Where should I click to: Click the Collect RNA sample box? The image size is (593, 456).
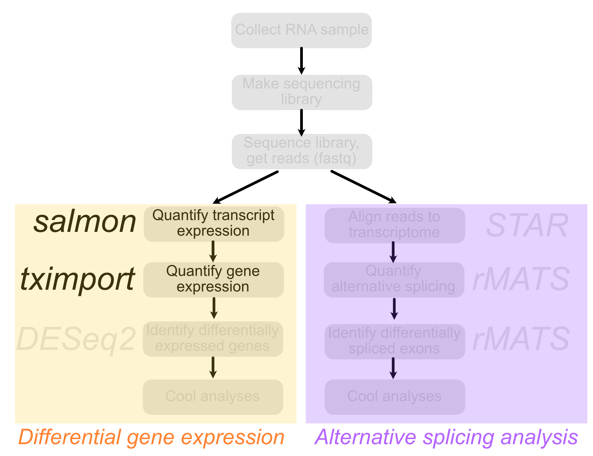301,31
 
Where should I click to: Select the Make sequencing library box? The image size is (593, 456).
301,92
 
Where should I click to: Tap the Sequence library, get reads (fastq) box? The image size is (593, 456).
301,151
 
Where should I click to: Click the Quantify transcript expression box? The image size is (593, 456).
213,224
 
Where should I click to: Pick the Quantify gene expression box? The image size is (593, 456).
213,280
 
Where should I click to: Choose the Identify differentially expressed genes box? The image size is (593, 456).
213,339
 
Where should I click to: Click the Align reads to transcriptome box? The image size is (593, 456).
395,225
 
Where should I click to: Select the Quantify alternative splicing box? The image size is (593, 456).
394,280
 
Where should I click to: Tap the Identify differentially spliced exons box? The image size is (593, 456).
395,341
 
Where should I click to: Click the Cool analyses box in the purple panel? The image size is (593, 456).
395,397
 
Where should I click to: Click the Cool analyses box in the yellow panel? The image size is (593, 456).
213,397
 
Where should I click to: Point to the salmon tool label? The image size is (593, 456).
85,223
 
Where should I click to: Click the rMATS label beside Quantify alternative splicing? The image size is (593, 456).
521,279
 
